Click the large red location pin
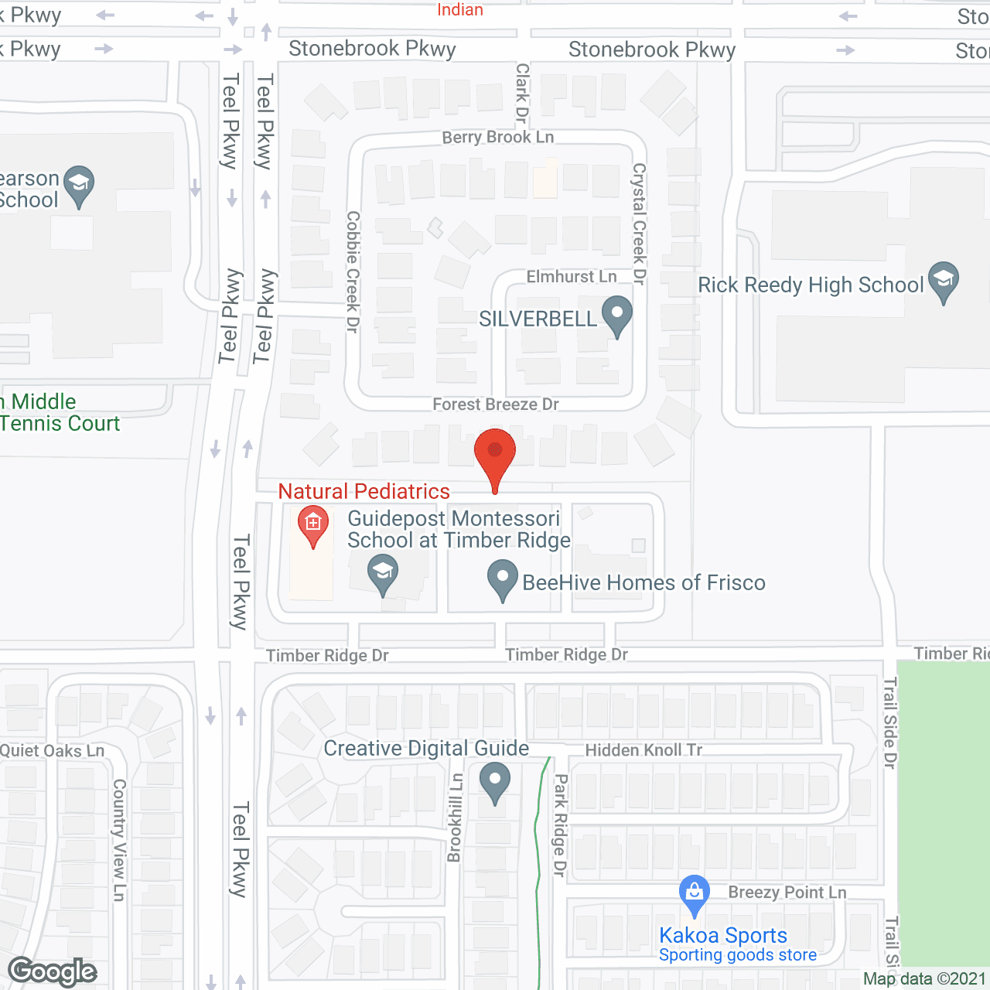[x=495, y=456]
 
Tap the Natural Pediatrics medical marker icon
[x=313, y=525]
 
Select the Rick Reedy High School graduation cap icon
[x=944, y=281]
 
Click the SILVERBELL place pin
[x=616, y=315]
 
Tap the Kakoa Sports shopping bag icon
[x=695, y=893]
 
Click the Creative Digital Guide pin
[x=495, y=781]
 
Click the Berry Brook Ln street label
[x=498, y=137]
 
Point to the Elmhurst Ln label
[x=572, y=277]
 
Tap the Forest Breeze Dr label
[x=496, y=404]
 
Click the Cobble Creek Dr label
[x=353, y=272]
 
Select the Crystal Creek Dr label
[x=639, y=224]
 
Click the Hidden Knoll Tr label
[x=643, y=749]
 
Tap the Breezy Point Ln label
[x=787, y=893]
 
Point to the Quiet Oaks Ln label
[x=53, y=750]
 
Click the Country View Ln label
[x=119, y=840]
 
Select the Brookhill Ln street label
[x=456, y=818]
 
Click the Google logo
[x=53, y=971]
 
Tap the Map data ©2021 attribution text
[x=924, y=978]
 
